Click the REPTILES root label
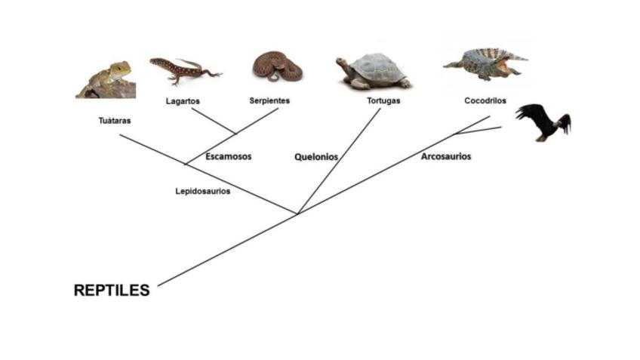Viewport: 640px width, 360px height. point(112,291)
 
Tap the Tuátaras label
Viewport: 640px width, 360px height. point(114,121)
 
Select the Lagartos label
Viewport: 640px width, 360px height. point(183,100)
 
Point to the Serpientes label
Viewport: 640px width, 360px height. point(269,100)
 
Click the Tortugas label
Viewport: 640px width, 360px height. point(383,100)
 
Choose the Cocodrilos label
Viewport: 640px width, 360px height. point(485,100)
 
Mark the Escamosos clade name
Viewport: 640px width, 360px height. point(228,157)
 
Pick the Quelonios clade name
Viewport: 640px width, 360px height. point(315,157)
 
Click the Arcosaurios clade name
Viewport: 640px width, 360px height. point(446,156)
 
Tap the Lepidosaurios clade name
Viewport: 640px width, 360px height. point(203,191)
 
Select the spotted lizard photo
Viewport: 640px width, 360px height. point(183,69)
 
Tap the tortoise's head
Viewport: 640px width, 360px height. point(343,63)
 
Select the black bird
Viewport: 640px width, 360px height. point(542,122)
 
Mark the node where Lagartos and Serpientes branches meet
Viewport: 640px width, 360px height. point(235,134)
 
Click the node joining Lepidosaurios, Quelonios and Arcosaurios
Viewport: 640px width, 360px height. point(297,214)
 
